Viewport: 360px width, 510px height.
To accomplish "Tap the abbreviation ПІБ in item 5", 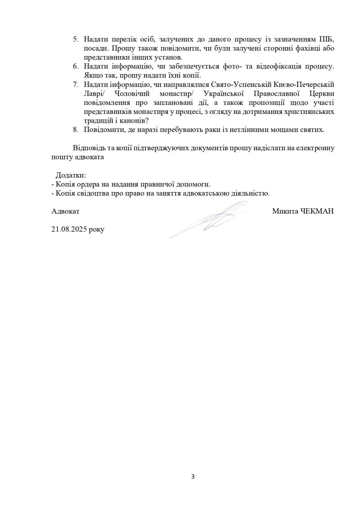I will (327, 39).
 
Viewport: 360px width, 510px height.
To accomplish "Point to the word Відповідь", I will (89, 148).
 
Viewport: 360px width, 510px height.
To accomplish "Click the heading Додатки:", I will (71, 175).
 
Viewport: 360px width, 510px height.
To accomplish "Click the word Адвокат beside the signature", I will (65, 211).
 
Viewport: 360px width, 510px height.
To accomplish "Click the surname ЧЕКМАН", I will (318, 211).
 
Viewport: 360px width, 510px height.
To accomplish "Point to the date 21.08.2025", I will (70, 229).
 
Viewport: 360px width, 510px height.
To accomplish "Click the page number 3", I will (193, 477).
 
